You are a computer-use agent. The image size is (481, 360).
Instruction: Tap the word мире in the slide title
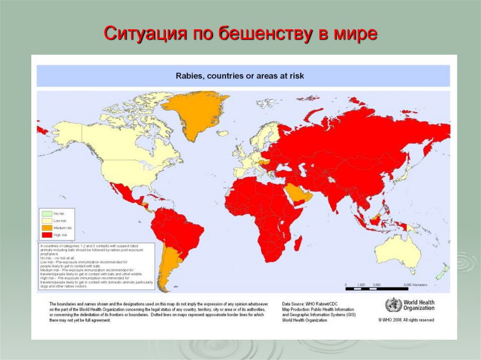pyautogui.click(x=355, y=34)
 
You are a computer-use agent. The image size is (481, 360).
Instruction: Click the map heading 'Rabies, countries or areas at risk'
pyautogui.click(x=240, y=76)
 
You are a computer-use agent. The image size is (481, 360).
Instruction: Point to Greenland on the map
pyautogui.click(x=194, y=113)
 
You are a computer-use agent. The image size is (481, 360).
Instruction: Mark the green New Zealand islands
pyautogui.click(x=442, y=273)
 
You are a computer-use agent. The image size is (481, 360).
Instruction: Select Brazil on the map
pyautogui.click(x=181, y=230)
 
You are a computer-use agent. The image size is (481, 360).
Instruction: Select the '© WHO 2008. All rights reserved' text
pyautogui.click(x=406, y=320)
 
